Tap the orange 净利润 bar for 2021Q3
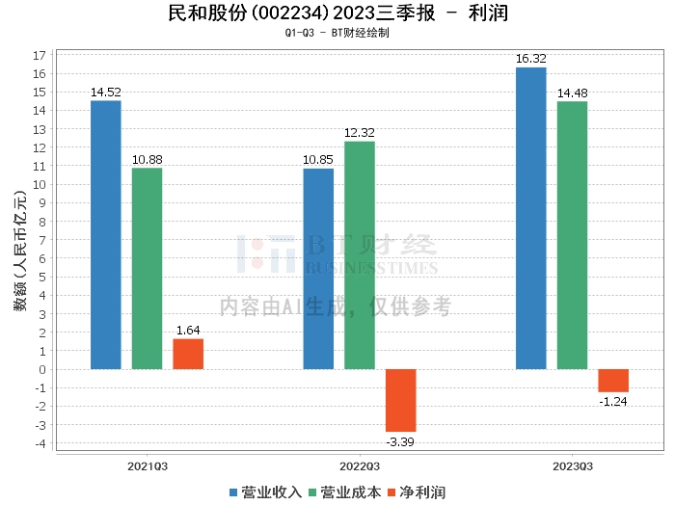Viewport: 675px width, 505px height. (x=188, y=354)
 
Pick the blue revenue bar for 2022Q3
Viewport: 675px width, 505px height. (x=318, y=269)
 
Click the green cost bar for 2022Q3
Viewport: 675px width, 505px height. (x=360, y=255)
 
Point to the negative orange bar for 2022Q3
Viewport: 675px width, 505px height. (x=401, y=400)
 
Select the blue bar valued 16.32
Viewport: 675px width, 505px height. (x=531, y=218)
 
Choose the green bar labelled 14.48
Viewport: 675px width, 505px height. (x=572, y=235)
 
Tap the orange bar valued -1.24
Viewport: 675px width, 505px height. (x=613, y=381)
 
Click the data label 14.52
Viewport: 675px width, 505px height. (x=106, y=93)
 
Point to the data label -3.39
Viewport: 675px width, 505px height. (x=401, y=440)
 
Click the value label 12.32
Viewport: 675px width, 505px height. (x=360, y=133)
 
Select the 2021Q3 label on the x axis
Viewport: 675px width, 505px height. (x=148, y=465)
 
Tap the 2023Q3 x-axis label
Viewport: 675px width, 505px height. (x=572, y=465)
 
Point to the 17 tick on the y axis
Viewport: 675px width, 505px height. (x=40, y=55)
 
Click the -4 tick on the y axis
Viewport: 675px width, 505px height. (x=38, y=443)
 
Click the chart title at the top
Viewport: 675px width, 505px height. (x=337, y=13)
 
